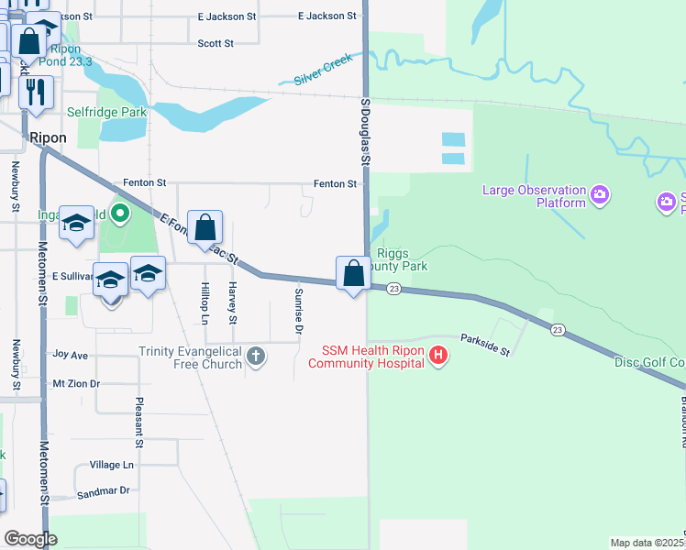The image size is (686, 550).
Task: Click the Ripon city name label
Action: pyautogui.click(x=48, y=137)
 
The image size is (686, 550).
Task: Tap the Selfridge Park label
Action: pyautogui.click(x=107, y=112)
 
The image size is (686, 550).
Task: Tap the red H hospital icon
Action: pyautogui.click(x=438, y=356)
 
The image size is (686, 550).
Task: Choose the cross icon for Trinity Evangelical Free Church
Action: pyautogui.click(x=257, y=356)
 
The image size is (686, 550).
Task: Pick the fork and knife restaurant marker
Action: pyautogui.click(x=37, y=92)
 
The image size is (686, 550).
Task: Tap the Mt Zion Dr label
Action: pyautogui.click(x=76, y=383)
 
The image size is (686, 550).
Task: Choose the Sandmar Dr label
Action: pyautogui.click(x=104, y=491)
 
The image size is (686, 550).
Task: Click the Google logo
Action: pyautogui.click(x=31, y=538)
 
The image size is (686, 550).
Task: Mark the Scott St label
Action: pyautogui.click(x=216, y=43)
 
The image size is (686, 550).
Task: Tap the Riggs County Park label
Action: pyautogui.click(x=403, y=259)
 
